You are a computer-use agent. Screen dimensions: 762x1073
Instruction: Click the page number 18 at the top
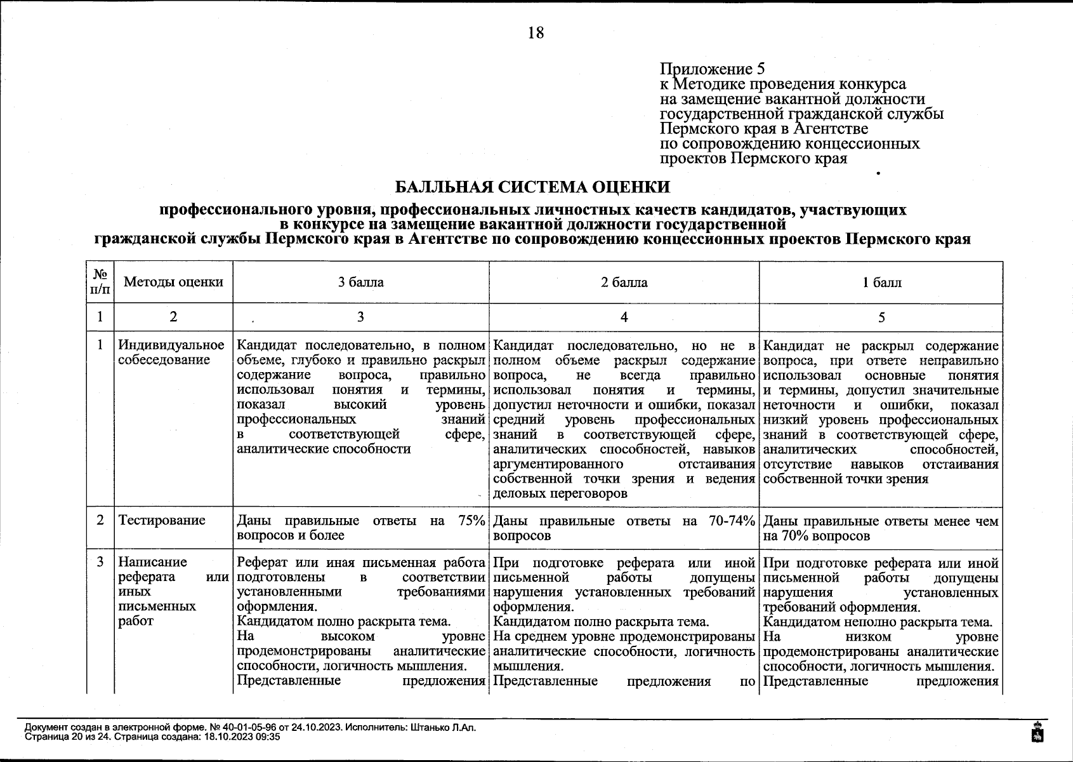[536, 33]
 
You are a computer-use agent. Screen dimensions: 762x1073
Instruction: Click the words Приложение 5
[713, 69]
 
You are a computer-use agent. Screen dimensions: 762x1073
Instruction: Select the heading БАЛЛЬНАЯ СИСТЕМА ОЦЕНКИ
[532, 187]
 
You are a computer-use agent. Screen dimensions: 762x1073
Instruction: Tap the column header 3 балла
[360, 282]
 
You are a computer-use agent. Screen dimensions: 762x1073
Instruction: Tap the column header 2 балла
[624, 282]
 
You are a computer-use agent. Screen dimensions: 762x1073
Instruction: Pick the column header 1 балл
[881, 282]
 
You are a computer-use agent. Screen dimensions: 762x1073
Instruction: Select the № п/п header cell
[100, 282]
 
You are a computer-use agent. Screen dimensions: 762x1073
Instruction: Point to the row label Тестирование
[162, 520]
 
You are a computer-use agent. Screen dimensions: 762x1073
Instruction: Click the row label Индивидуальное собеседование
[171, 352]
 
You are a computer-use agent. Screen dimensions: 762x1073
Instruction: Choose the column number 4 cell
[624, 317]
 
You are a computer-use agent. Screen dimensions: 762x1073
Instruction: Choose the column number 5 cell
[881, 317]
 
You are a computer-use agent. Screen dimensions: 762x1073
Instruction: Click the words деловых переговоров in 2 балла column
[560, 493]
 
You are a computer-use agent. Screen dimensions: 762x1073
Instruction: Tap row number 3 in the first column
[100, 562]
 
